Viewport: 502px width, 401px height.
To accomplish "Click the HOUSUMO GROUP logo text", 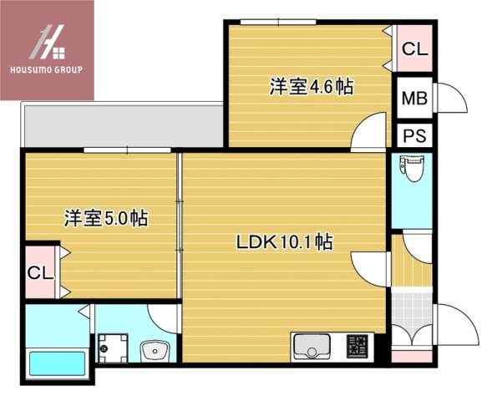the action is point(47,69).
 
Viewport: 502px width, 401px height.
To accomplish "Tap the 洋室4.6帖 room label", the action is point(312,87).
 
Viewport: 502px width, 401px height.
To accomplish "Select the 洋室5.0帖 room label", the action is point(106,218).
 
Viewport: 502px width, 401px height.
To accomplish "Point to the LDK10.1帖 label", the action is point(285,242).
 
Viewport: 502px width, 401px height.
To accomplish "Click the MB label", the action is point(414,99).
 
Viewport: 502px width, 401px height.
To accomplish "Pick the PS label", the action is point(414,136).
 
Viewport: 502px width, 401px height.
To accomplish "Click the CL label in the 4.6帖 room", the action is point(415,49).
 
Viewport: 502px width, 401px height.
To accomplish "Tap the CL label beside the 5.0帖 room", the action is point(40,273).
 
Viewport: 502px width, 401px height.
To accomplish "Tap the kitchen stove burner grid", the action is point(357,346).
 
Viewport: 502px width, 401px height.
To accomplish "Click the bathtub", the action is point(58,363).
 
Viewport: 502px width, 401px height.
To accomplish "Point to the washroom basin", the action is point(155,351).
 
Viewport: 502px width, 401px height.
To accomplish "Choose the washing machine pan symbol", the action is point(113,348).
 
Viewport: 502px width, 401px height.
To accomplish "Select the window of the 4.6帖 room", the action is point(278,22).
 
